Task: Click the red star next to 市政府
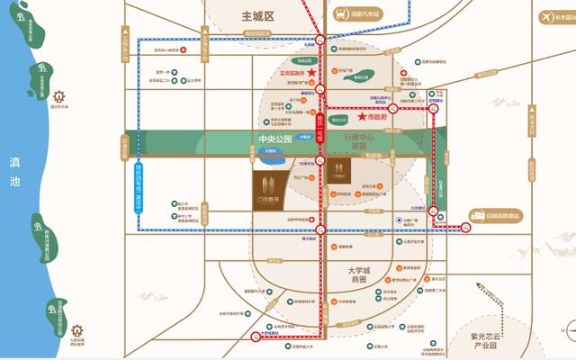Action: coord(363,116)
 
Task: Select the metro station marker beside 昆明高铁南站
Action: coord(467,228)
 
